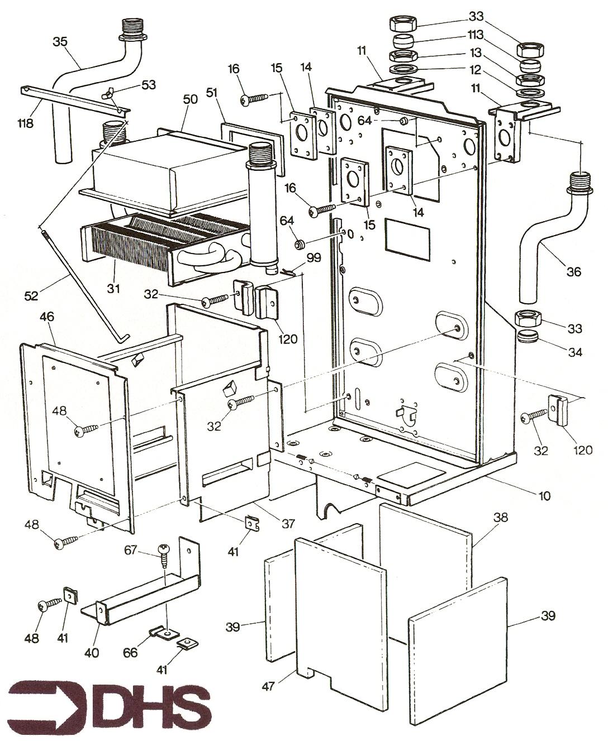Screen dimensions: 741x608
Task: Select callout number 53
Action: [x=149, y=85]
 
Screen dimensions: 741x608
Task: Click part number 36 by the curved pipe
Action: [x=573, y=272]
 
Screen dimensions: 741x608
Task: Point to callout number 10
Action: [x=544, y=495]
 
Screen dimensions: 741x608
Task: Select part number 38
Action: [x=501, y=518]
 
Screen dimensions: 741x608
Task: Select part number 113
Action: [x=475, y=34]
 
